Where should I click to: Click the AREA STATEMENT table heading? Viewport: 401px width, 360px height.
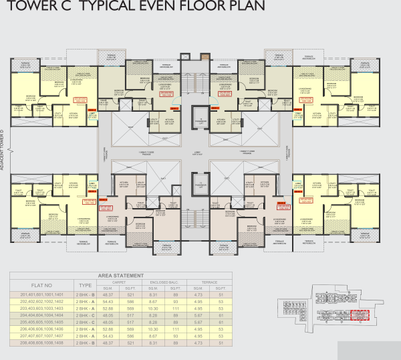[x=121, y=275]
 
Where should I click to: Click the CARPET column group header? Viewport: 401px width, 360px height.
[x=120, y=282]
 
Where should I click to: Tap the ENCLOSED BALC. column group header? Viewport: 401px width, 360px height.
[x=162, y=282]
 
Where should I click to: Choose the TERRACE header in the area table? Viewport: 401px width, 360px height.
[x=201, y=282]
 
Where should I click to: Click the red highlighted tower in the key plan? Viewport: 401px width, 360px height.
[x=360, y=315]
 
